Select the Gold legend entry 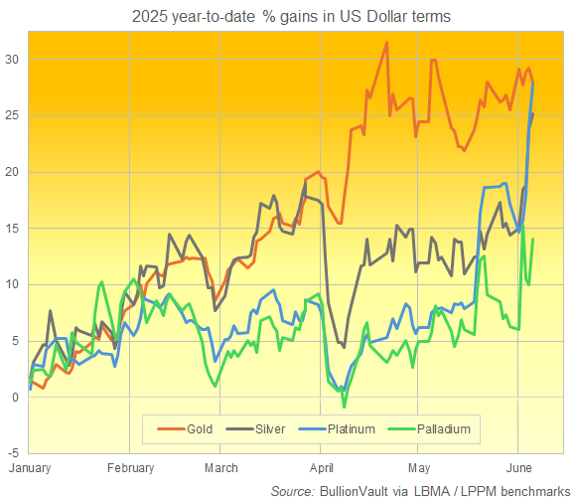pos(189,429)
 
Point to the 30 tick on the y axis pos(11,60)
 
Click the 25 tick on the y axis pos(11,116)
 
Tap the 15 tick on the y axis pos(11,229)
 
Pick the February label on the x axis pos(129,467)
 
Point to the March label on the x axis pos(221,467)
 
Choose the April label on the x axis pos(321,467)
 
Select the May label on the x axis pos(418,467)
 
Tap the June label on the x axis pos(517,467)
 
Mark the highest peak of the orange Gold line pos(386,43)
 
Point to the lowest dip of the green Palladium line pos(344,407)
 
